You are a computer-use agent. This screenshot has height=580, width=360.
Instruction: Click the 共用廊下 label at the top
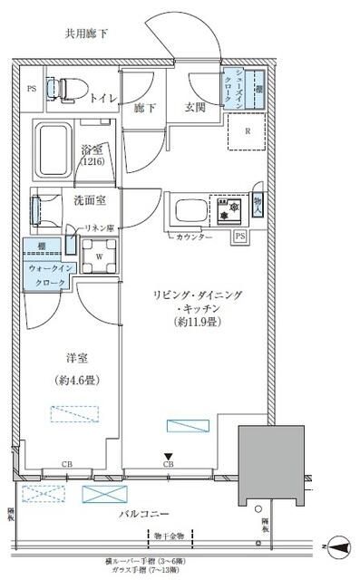point(86,34)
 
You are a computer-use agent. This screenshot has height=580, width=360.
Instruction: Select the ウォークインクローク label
point(45,276)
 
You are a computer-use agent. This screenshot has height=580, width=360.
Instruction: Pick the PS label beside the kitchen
point(239,236)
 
